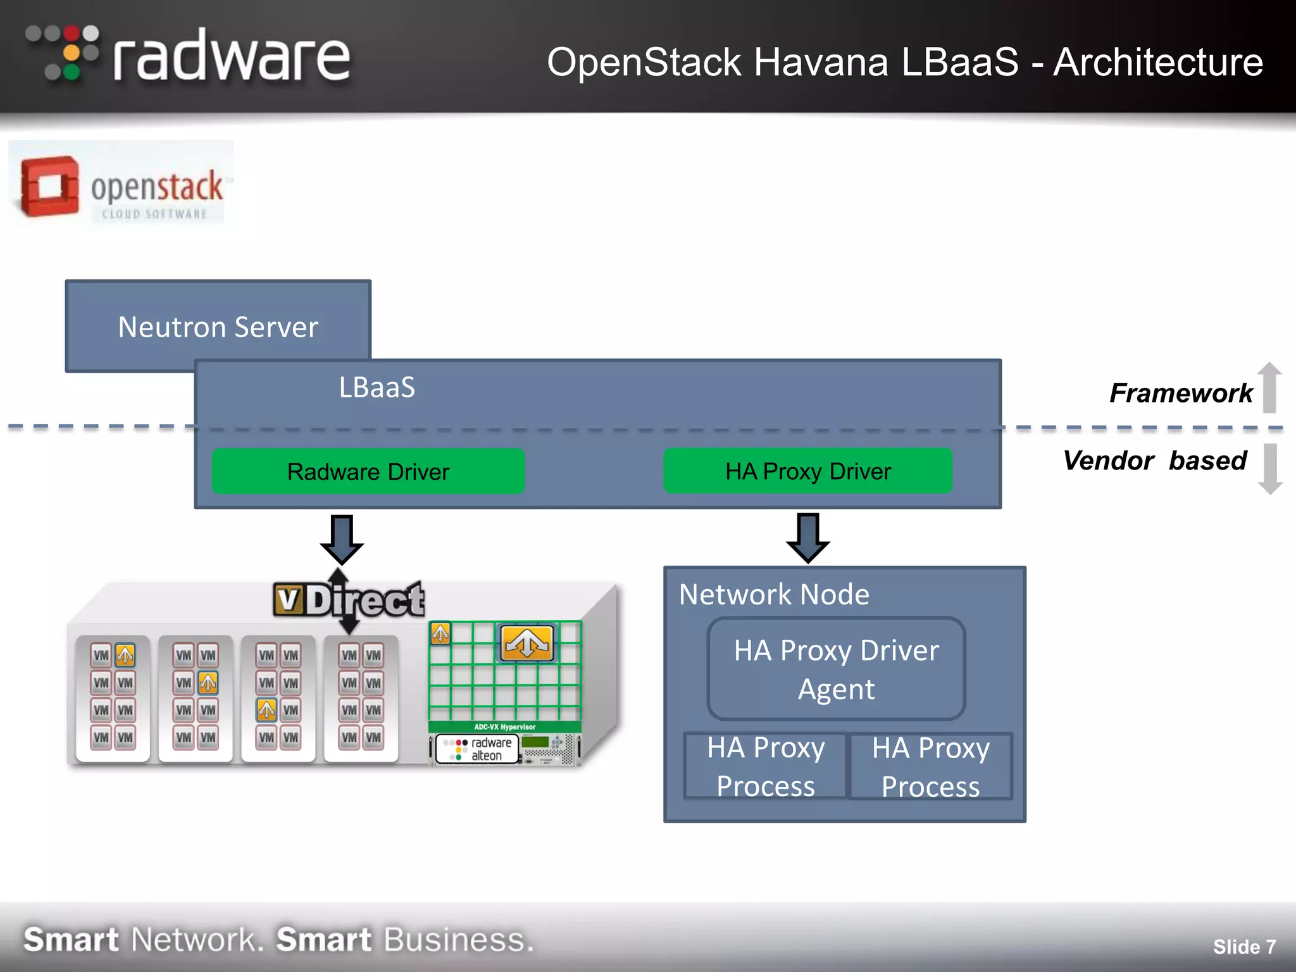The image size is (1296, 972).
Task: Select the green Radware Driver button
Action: click(x=368, y=471)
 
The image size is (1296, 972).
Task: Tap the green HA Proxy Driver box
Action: click(x=807, y=471)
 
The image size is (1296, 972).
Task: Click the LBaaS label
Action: click(x=377, y=387)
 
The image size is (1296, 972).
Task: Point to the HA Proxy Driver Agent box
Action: click(x=836, y=669)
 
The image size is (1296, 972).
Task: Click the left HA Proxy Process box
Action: click(x=765, y=766)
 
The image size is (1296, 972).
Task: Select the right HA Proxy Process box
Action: click(x=930, y=766)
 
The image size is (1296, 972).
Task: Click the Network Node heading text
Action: click(x=773, y=594)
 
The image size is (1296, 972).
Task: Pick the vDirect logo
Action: click(x=348, y=599)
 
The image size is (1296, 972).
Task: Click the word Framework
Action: click(x=1180, y=393)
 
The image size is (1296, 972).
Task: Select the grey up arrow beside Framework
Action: click(x=1269, y=387)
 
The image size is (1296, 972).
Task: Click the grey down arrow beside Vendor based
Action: click(x=1269, y=469)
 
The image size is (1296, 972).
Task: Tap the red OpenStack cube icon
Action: click(x=49, y=187)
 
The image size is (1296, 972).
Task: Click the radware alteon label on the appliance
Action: click(x=478, y=749)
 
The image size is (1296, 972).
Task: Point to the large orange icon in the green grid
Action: click(x=526, y=642)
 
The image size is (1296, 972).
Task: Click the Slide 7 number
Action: click(x=1243, y=946)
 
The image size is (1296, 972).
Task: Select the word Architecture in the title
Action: click(x=1157, y=62)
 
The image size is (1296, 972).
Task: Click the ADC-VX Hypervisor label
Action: click(x=504, y=727)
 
